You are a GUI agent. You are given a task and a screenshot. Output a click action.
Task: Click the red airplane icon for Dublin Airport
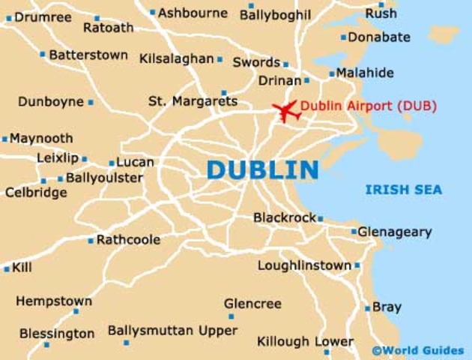285,111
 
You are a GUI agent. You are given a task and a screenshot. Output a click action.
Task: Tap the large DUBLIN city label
262,169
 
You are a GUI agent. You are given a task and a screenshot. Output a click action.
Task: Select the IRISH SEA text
403,190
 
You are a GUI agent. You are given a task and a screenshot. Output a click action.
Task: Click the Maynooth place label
41,139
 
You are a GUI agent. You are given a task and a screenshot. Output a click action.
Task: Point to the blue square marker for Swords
285,64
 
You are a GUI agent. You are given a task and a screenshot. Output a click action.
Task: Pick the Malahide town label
365,73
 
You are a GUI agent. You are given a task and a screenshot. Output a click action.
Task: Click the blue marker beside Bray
367,308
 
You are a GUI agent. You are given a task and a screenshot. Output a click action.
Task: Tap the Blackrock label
284,217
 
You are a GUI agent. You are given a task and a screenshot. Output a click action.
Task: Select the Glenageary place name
394,232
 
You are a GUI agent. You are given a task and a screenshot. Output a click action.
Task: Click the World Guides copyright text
417,350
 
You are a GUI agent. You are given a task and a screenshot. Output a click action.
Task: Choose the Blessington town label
57,334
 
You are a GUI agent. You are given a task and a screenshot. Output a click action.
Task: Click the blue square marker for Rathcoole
91,241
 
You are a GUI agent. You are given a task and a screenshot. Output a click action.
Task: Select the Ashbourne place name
193,12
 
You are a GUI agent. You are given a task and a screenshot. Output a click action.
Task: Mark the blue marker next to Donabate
344,37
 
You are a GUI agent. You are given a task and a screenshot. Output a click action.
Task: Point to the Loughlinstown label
304,265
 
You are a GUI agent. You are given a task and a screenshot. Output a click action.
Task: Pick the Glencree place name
252,304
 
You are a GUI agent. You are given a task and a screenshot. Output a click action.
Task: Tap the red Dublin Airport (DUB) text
368,106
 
